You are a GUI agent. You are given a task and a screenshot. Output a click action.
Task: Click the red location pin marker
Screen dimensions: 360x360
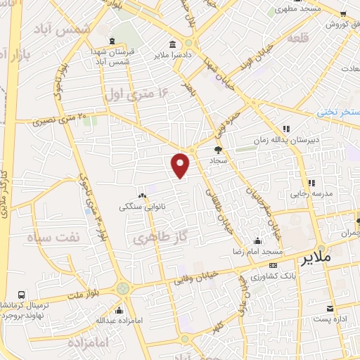(181, 164)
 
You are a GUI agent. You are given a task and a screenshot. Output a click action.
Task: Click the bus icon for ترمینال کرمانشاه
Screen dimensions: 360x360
(22, 295)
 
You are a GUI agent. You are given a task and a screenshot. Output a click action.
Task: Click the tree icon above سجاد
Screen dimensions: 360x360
(218, 150)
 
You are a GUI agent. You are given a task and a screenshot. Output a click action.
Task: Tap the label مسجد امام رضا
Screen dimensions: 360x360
(259, 251)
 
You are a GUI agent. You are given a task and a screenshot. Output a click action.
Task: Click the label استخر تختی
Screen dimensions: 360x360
(337, 112)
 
